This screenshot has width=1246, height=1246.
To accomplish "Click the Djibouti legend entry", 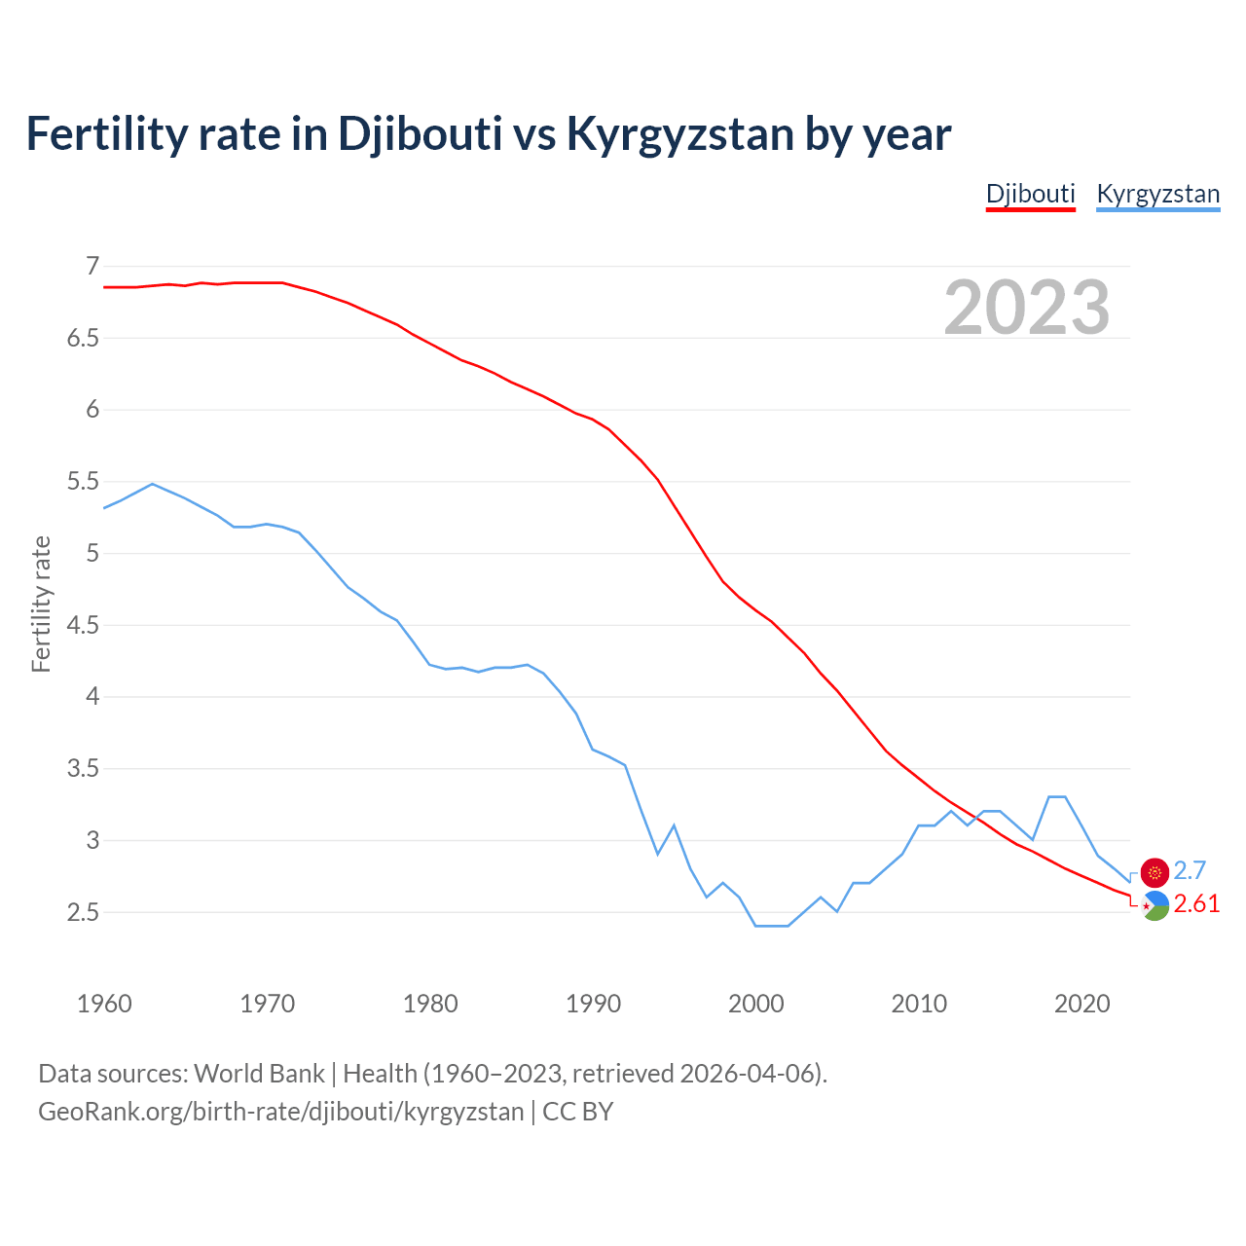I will [1030, 194].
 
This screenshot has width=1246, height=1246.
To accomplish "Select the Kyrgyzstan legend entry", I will [1157, 194].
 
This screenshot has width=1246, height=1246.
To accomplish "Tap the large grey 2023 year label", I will [1027, 308].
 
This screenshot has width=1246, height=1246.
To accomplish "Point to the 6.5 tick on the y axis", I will [83, 338].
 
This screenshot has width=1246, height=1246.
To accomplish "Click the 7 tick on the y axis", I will [92, 266].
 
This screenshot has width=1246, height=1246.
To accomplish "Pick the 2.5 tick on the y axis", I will [83, 912].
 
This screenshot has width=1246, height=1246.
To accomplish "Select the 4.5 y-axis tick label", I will [83, 625].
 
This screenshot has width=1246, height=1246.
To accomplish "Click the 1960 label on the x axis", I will [104, 1004].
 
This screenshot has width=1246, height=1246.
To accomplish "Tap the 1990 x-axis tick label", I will [593, 1004].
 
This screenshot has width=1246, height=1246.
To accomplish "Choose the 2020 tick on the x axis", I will [1081, 1004].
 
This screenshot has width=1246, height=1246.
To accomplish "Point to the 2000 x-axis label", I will [755, 1004].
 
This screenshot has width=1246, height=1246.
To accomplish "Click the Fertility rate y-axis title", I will [41, 604].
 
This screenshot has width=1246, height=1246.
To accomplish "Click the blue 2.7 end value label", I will [1190, 870].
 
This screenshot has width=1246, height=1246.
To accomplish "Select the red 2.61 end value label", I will [1196, 904].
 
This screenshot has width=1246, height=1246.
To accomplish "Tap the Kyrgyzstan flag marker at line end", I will [1154, 872].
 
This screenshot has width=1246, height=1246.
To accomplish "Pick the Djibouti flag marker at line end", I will [1154, 905].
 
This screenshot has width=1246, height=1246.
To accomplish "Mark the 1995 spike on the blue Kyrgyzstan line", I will [674, 825].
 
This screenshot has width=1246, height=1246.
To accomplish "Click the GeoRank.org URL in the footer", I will [280, 1111].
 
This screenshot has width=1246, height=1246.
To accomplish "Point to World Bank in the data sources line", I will [259, 1074].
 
